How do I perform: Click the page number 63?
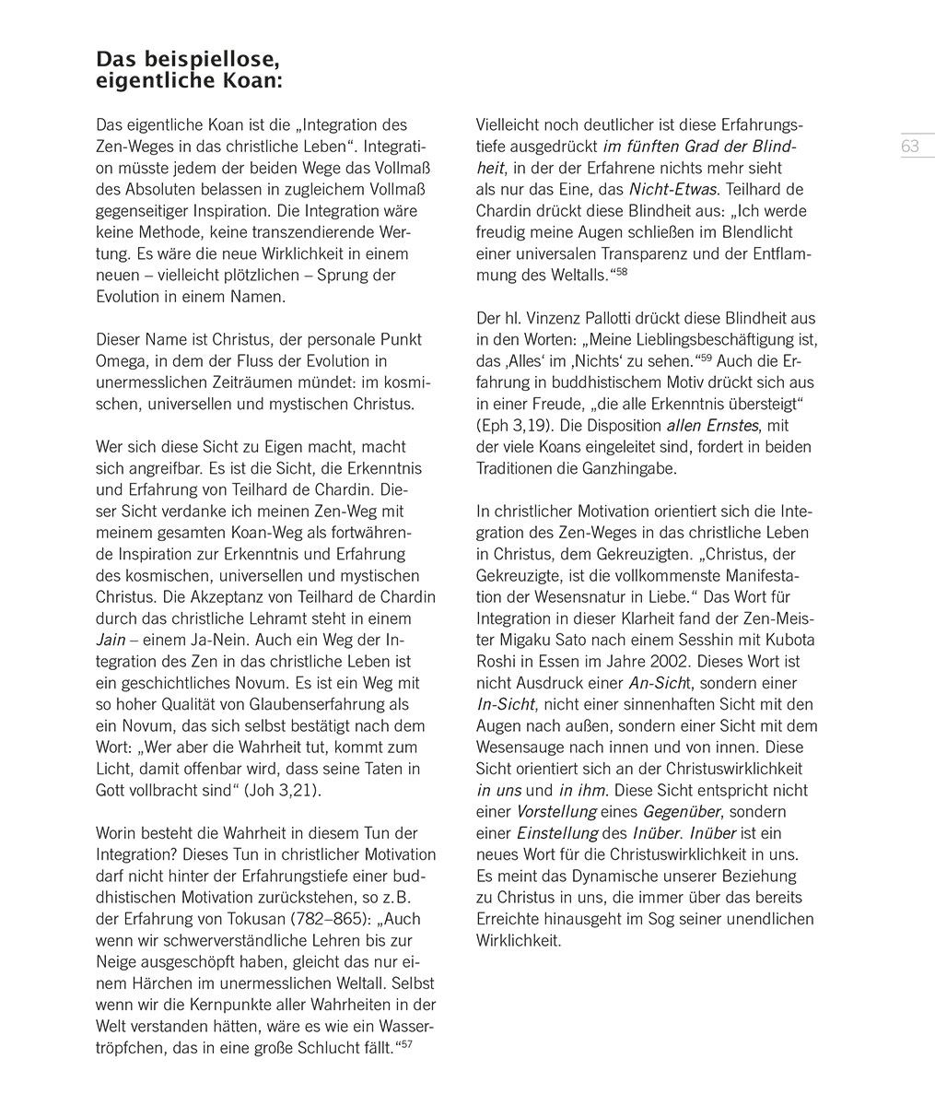point(910,146)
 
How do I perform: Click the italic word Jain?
point(111,640)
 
